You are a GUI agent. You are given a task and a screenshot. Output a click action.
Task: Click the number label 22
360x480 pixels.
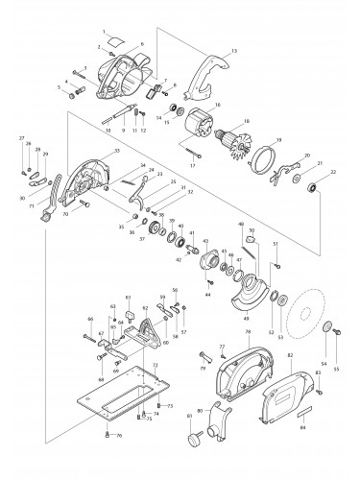point(333,172)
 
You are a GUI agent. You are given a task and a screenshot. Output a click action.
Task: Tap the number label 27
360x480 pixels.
point(22,140)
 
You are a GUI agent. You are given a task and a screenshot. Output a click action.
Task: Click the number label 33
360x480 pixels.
point(116,152)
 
